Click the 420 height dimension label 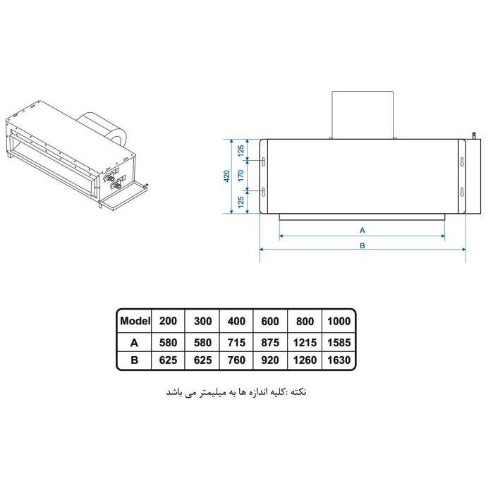tap(226, 176)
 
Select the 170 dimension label tap(241, 176)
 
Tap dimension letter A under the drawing tap(363, 230)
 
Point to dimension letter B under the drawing tap(363, 245)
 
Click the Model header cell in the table tap(135, 321)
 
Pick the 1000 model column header tap(339, 322)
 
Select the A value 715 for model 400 tap(236, 342)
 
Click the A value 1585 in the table tap(339, 342)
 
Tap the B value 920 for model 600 tap(270, 360)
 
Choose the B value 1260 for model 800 tap(305, 360)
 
